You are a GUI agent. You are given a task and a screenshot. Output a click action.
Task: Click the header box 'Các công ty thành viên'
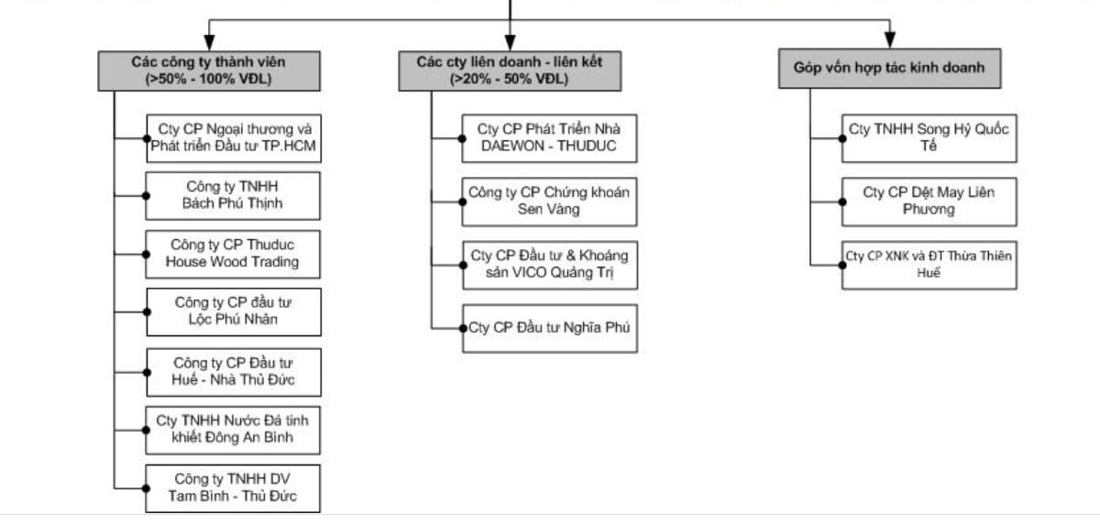pos(209,71)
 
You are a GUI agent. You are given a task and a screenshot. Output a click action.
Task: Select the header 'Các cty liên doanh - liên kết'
pos(509,71)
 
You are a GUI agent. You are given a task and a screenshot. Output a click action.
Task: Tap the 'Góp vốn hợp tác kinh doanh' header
pos(889,68)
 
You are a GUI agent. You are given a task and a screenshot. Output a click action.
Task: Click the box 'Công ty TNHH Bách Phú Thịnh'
pos(233,195)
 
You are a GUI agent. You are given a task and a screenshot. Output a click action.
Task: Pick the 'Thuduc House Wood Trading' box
pos(233,254)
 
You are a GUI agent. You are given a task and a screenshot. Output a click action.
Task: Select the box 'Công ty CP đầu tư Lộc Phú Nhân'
pos(233,311)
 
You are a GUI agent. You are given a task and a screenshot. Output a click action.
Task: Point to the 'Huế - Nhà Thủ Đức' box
pos(233,371)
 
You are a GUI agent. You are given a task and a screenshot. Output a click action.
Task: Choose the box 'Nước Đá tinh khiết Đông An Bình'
pos(233,429)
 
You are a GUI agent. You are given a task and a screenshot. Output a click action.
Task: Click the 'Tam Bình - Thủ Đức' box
pos(233,488)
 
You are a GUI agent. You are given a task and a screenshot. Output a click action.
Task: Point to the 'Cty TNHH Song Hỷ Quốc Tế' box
pos(929,137)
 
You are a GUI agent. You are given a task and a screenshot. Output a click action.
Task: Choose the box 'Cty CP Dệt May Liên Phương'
pos(929,201)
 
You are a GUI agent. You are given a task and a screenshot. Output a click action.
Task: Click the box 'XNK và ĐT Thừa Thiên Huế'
pos(929,264)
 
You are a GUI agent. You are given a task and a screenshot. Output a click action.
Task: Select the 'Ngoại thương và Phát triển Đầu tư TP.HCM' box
pos(233,137)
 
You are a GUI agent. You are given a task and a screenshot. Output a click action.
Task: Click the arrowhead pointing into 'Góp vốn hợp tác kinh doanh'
pos(889,41)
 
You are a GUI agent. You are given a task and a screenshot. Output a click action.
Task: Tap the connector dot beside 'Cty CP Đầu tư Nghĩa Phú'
pos(463,327)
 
